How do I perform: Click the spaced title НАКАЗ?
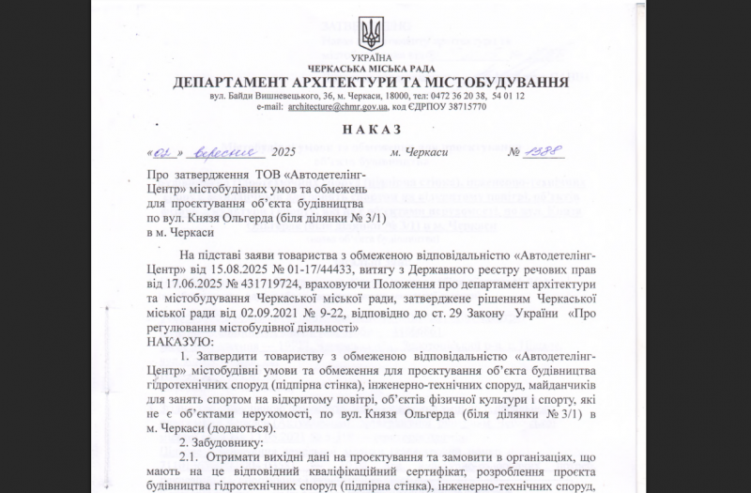coord(370,129)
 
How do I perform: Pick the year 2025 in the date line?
coord(282,152)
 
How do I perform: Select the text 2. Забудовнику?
coord(222,441)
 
